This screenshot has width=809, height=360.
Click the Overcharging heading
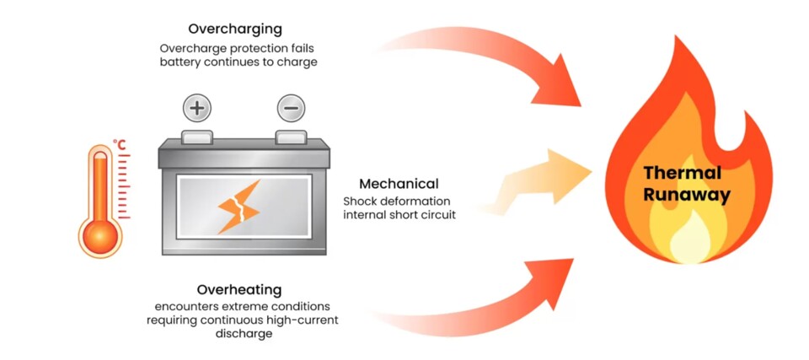point(235,28)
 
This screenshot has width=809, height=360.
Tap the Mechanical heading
point(399,183)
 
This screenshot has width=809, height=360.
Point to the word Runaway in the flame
point(685,195)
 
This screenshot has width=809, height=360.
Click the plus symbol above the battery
point(196,108)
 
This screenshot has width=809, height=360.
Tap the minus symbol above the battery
point(291,108)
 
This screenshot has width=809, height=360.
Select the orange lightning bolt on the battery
point(238,206)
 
